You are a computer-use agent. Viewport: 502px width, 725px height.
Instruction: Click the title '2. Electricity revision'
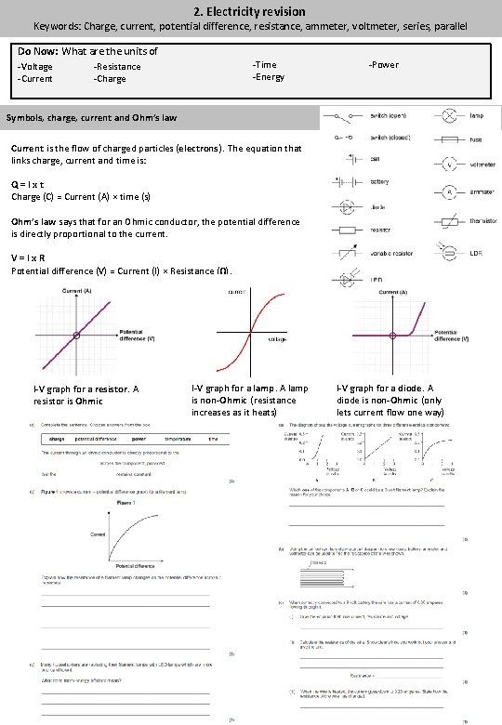[251, 10]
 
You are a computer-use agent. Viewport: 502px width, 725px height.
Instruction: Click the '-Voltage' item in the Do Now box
[36, 67]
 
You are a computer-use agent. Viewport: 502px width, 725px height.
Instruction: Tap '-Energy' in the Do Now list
[269, 77]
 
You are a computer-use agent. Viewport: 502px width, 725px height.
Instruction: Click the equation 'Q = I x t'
[29, 185]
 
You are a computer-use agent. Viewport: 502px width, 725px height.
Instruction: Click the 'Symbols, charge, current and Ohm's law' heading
[92, 119]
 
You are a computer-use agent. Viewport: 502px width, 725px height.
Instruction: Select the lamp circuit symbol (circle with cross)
[449, 117]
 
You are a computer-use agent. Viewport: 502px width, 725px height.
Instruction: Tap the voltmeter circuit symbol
[449, 165]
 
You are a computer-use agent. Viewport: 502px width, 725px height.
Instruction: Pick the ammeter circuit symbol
[449, 191]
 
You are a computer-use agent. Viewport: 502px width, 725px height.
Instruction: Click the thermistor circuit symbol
[449, 222]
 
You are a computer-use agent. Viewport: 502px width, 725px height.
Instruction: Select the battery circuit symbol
[344, 181]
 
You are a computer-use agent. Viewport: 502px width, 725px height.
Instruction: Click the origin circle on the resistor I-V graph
[79, 336]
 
